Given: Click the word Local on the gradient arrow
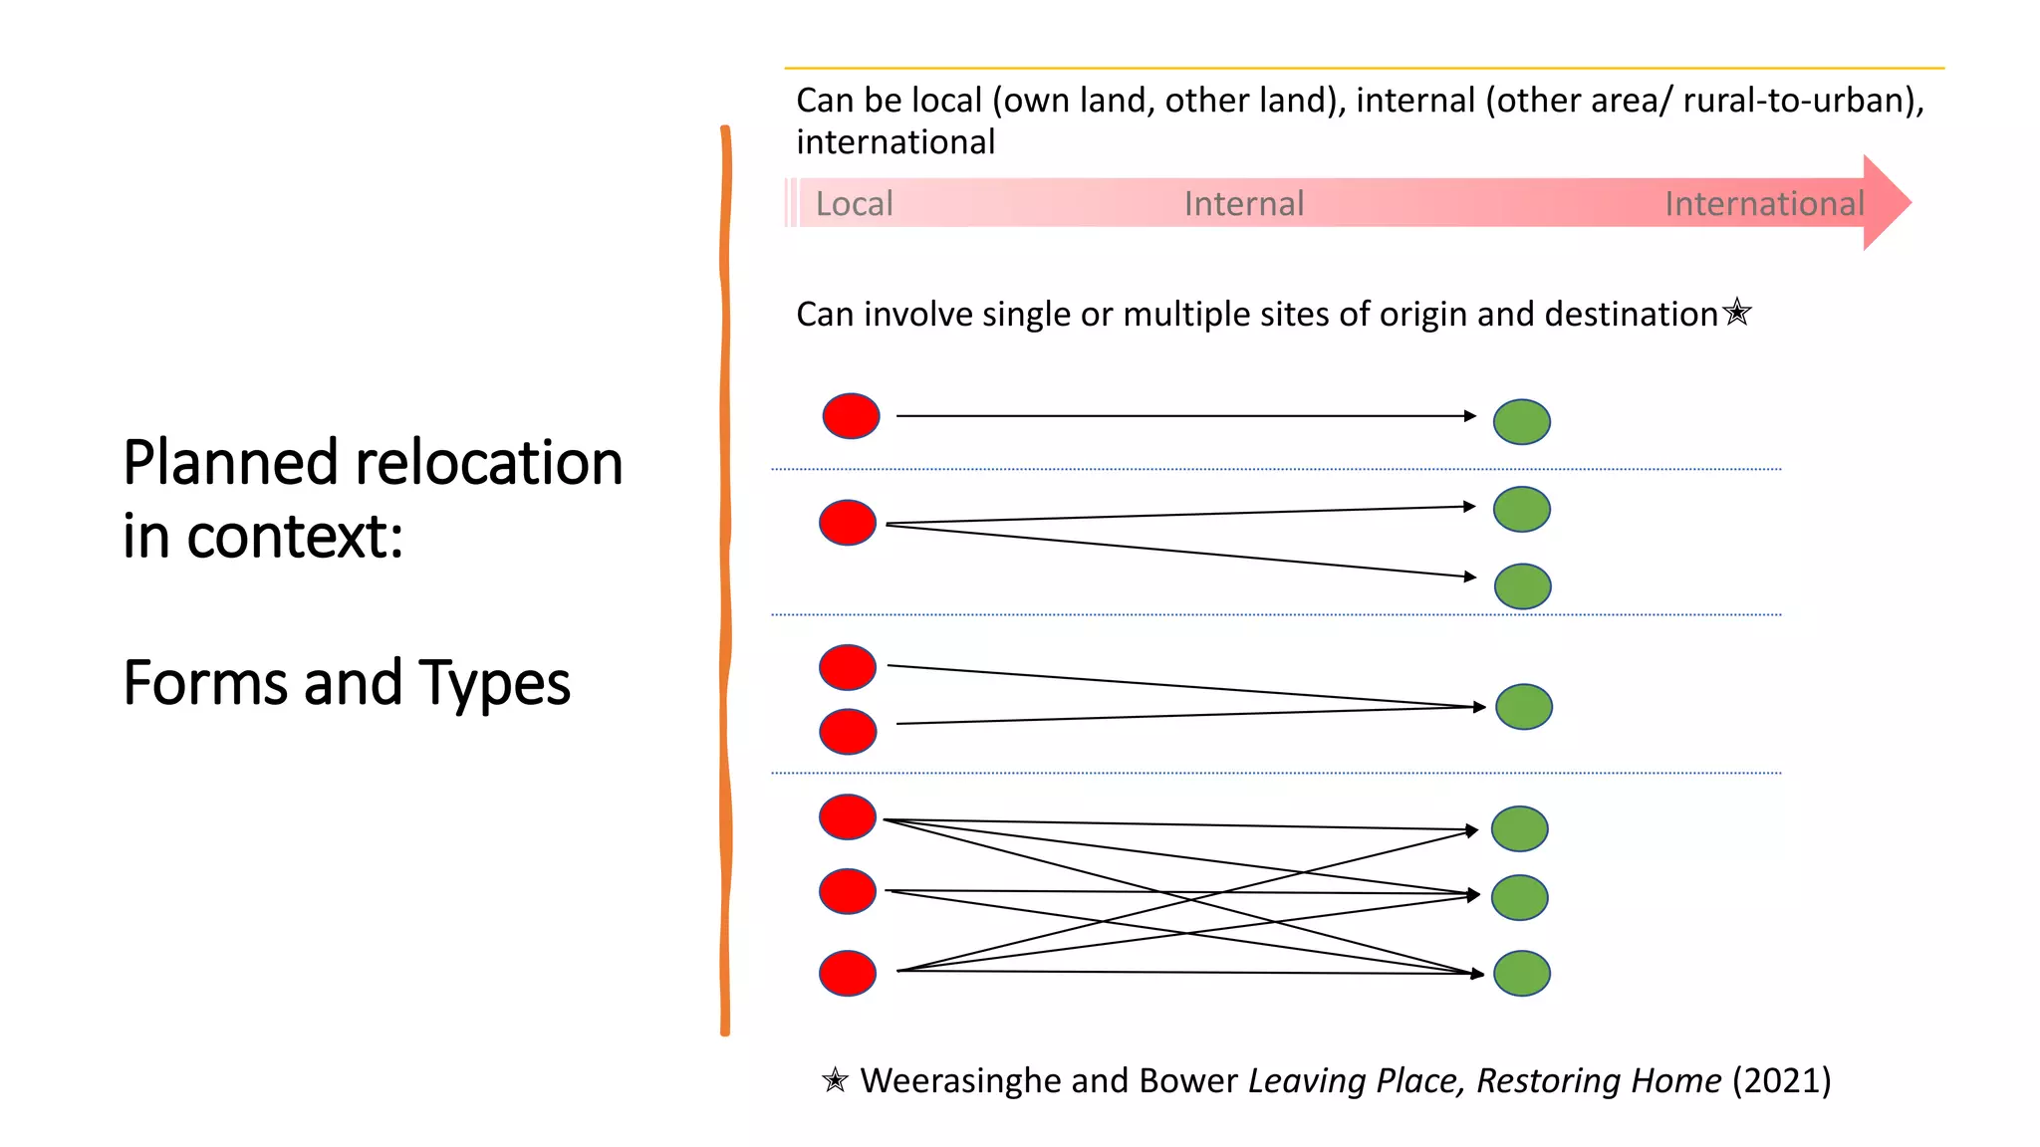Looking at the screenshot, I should point(854,204).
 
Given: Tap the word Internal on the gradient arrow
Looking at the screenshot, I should point(1243,204).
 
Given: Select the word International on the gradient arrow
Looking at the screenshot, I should point(1763,204).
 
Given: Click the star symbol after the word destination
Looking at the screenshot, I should point(1737,312).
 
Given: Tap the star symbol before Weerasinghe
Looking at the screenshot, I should point(835,1080).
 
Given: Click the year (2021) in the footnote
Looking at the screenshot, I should point(1781,1080).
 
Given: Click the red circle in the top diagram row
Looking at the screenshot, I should point(851,416).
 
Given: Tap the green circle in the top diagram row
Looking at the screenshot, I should point(1521,422).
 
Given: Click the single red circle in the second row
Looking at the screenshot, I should point(848,523).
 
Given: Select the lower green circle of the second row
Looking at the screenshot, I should point(1522,586).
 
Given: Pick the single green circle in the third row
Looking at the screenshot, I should point(1524,707).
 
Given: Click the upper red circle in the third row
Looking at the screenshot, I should point(848,667).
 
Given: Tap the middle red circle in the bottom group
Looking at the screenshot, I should point(848,891).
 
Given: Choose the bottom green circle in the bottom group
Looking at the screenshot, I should point(1521,973).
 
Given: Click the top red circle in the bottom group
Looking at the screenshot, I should point(848,817).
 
